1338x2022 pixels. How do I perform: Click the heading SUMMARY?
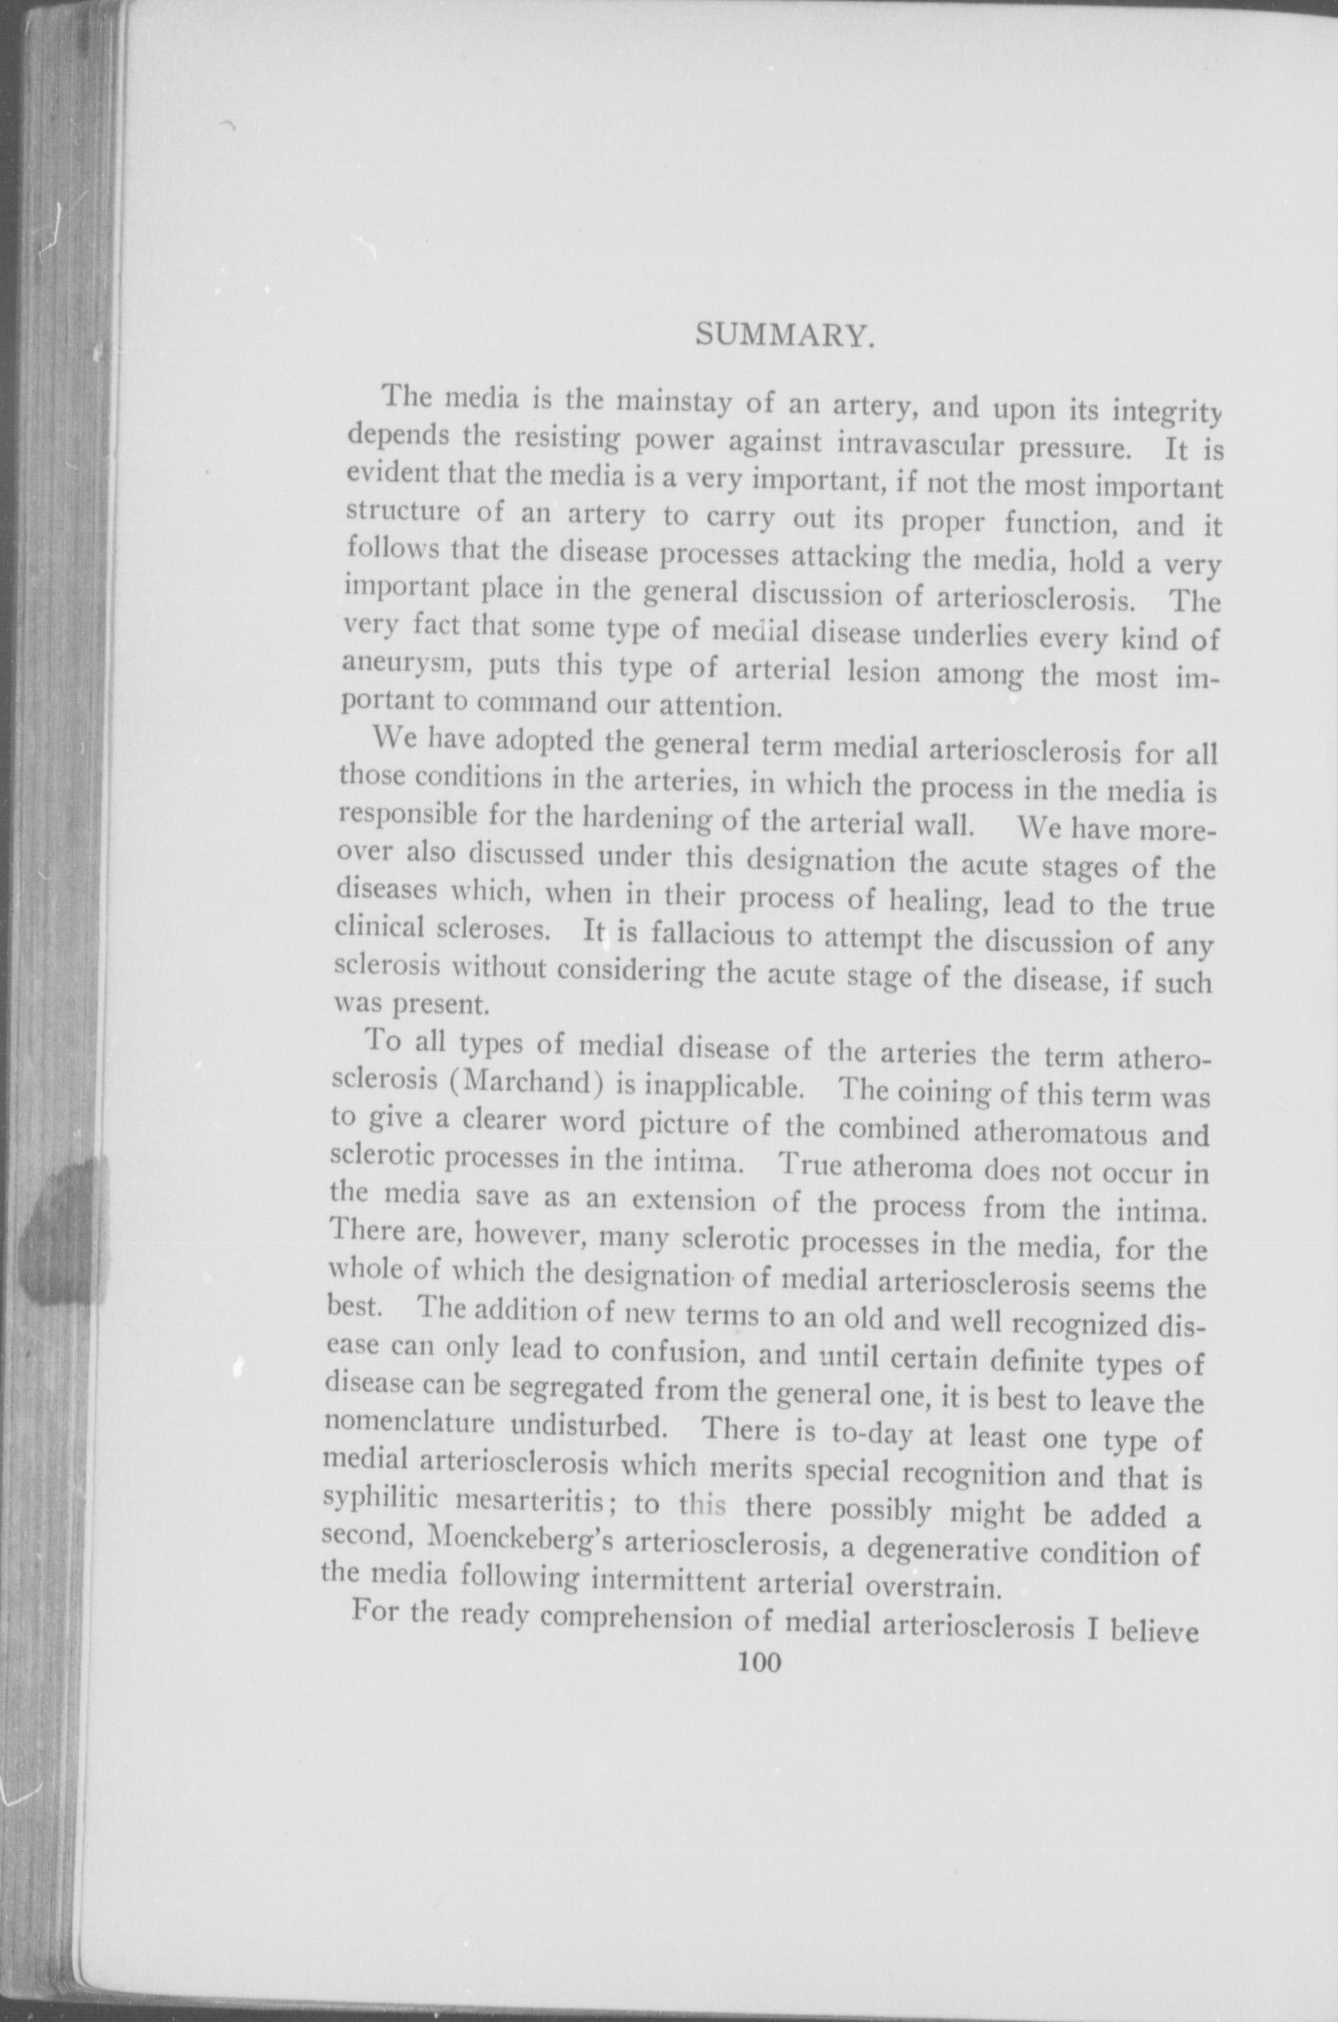click(x=782, y=336)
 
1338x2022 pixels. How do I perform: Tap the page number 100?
click(x=759, y=1662)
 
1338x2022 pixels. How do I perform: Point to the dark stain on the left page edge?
click(x=63, y=1229)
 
